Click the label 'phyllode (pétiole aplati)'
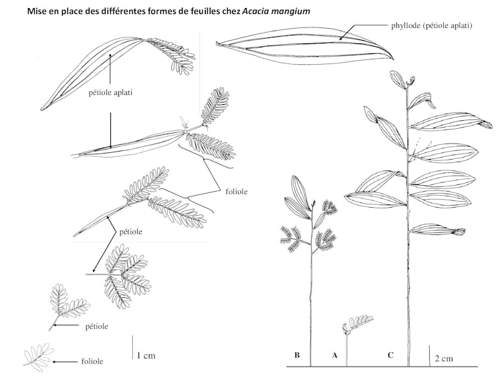coord(432,26)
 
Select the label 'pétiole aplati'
coord(110,93)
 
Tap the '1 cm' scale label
coord(146,355)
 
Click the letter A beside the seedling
coord(334,355)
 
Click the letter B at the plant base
coord(297,355)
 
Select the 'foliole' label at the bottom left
coord(92,361)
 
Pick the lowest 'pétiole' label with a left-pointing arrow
coord(96,326)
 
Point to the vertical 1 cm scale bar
coord(132,349)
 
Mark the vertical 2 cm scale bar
coord(428,355)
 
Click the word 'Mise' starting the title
coord(38,11)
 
